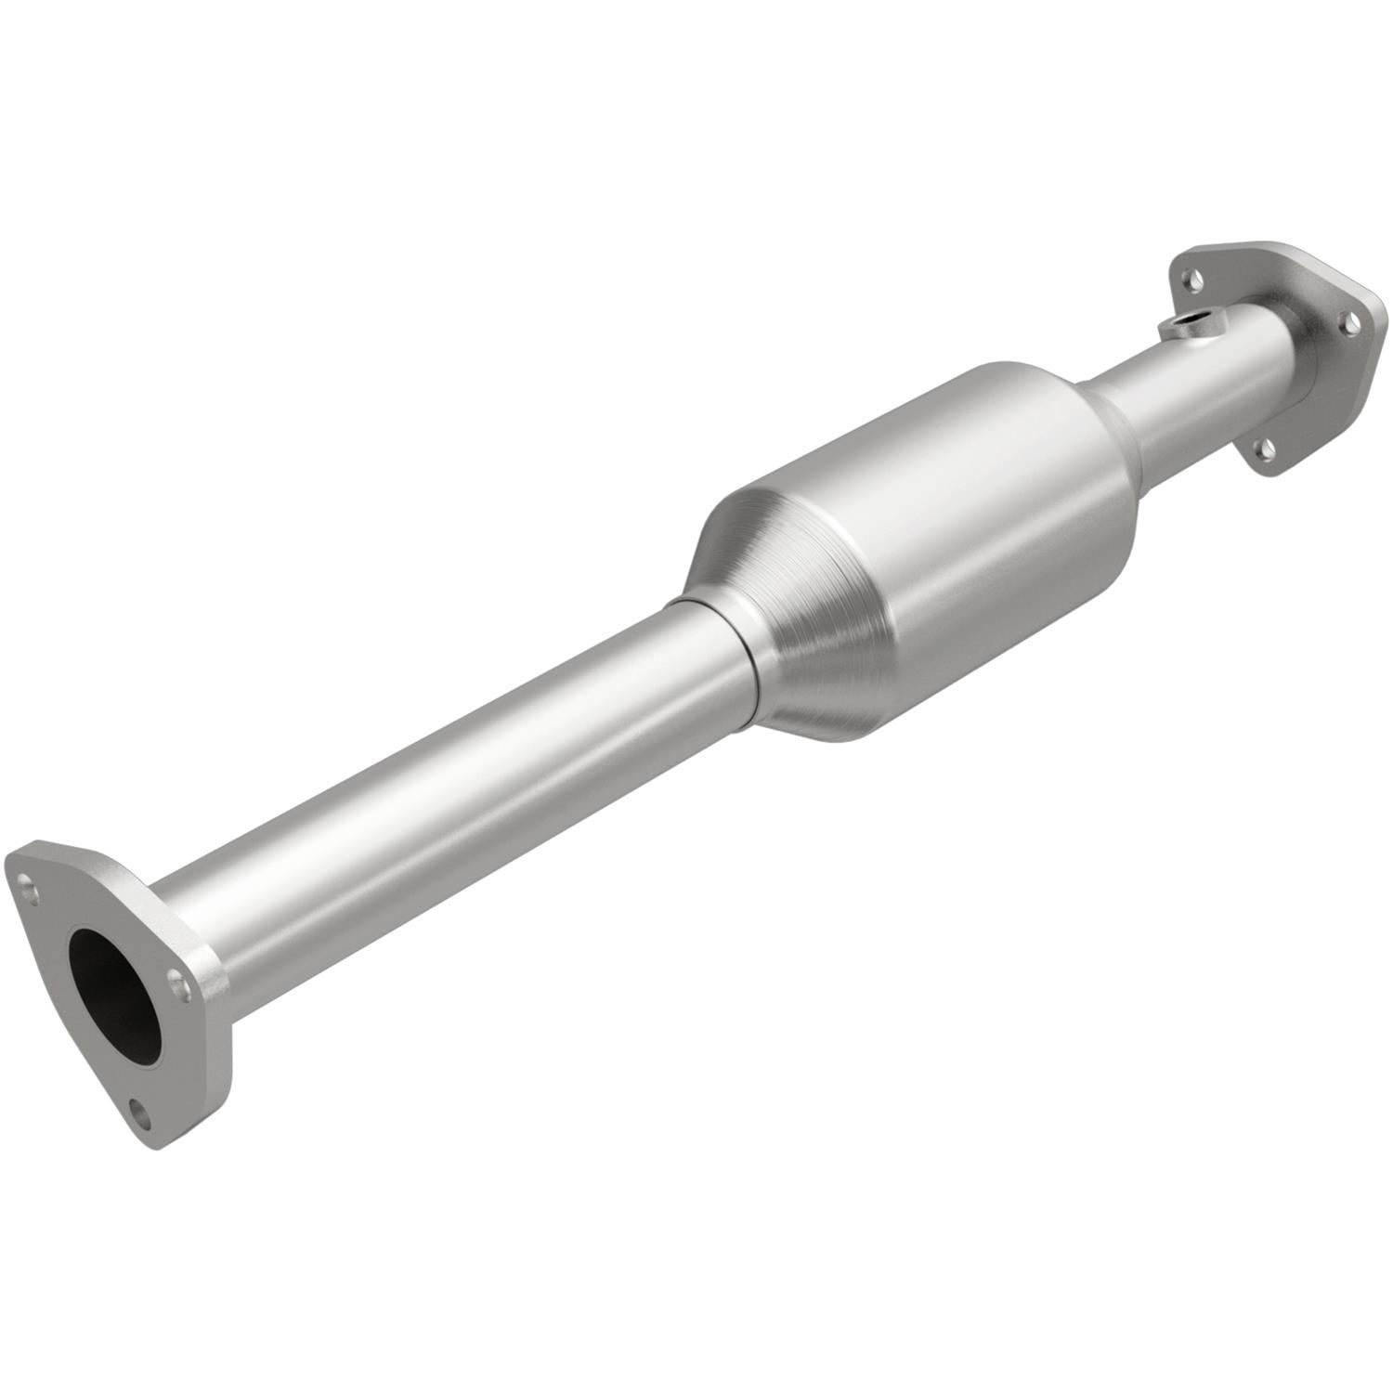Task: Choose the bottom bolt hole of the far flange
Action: click(1261, 450)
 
